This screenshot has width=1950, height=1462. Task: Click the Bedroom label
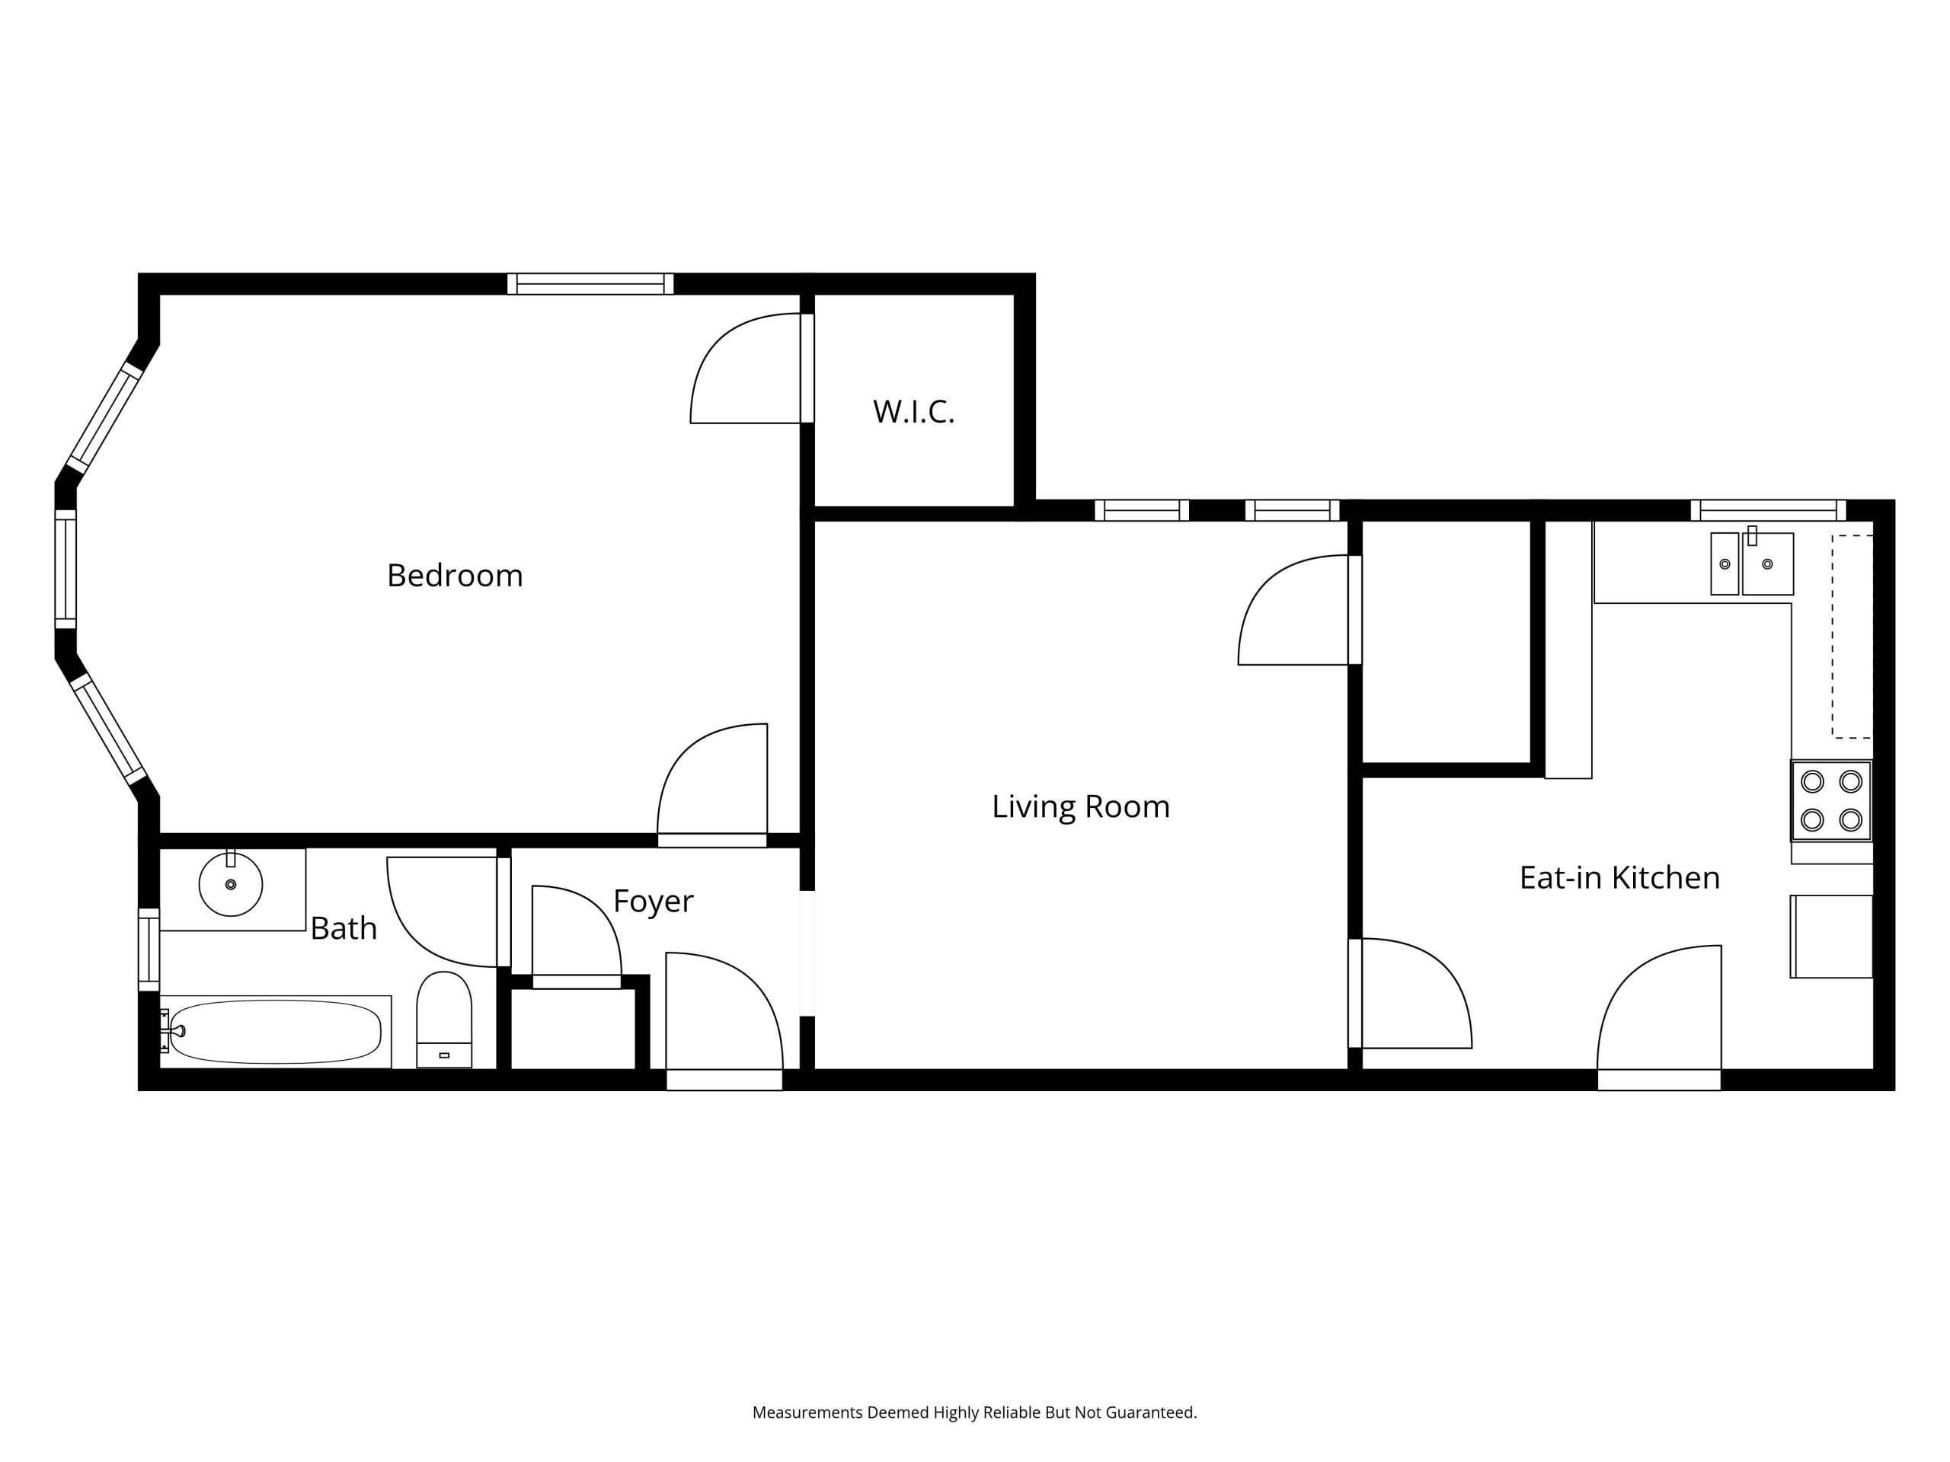click(x=455, y=576)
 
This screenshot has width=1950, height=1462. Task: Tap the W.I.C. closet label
click(x=913, y=411)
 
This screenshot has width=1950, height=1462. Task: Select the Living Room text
click(x=1081, y=806)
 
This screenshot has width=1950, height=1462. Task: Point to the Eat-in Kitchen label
click(x=1619, y=878)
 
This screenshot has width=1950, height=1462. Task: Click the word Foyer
click(x=654, y=902)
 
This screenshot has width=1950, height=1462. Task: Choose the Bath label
click(x=344, y=928)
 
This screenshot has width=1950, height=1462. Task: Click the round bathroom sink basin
click(x=231, y=884)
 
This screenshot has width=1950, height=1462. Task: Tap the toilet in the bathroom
click(x=444, y=1020)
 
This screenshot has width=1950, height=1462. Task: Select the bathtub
click(x=276, y=1032)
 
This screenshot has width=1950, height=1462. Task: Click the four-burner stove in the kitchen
click(x=1831, y=801)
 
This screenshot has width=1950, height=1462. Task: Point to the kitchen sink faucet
click(x=1752, y=536)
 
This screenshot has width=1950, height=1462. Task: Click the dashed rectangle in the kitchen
click(x=1852, y=637)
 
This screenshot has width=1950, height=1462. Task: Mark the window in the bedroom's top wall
click(x=590, y=284)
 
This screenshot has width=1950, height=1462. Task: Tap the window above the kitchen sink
click(x=1769, y=510)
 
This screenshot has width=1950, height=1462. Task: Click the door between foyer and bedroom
click(x=712, y=785)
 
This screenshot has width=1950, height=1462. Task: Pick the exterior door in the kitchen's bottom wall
click(x=1659, y=1018)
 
